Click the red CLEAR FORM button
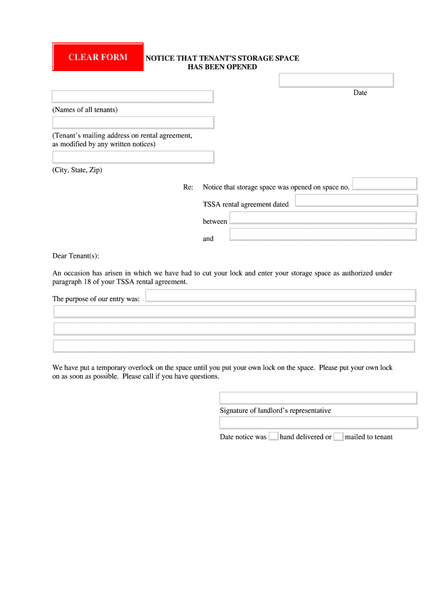click(x=98, y=57)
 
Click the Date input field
click(x=336, y=80)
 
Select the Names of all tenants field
click(x=132, y=97)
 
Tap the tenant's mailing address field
click(x=133, y=123)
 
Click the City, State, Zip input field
click(x=133, y=157)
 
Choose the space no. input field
click(x=384, y=184)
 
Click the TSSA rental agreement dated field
click(x=356, y=201)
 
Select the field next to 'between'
click(x=322, y=218)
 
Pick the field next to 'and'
click(x=322, y=235)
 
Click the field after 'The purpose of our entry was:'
click(x=280, y=295)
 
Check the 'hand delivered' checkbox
click(x=273, y=436)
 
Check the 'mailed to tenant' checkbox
click(x=339, y=436)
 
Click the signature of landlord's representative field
click(x=318, y=398)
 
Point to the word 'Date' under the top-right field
click(x=360, y=93)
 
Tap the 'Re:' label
click(x=188, y=187)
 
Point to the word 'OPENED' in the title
click(x=242, y=67)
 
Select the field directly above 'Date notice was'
click(x=318, y=423)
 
